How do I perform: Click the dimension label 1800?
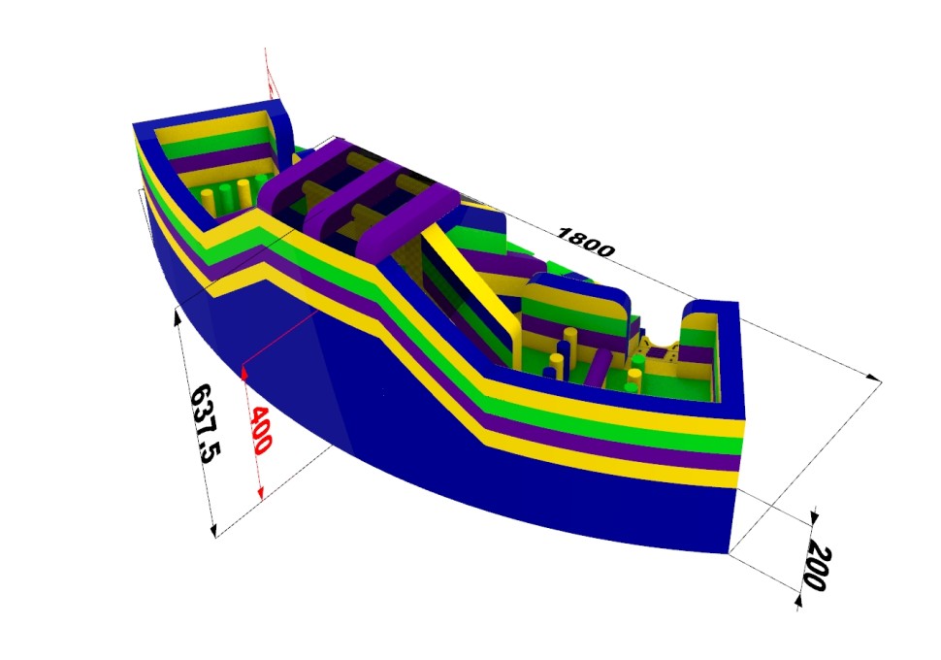[585, 242]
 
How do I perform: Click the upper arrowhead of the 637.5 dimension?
[177, 315]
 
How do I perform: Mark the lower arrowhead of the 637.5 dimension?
[212, 529]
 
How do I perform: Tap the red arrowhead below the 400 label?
[260, 493]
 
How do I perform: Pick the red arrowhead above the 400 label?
[243, 373]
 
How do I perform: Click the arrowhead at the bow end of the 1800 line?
[874, 378]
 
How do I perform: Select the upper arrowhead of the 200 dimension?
[813, 516]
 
